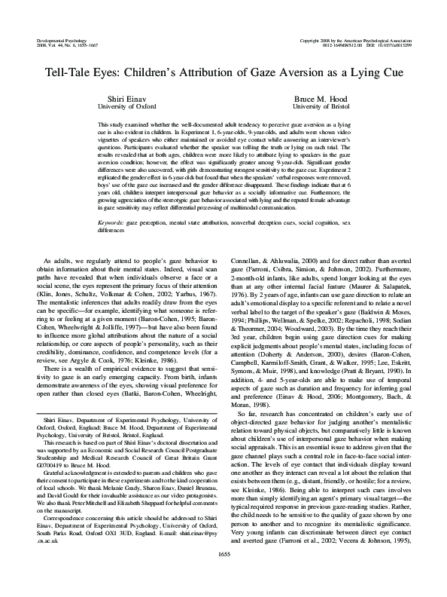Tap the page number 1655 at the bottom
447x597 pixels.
pyautogui.click(x=223, y=575)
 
